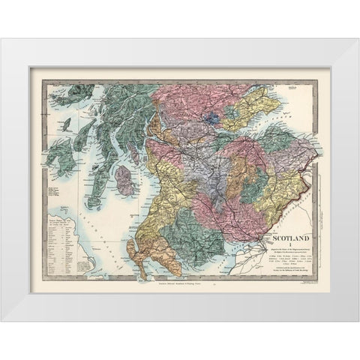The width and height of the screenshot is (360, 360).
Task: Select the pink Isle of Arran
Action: click(124, 181)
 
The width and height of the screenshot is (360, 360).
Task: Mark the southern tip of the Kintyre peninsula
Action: click(94, 202)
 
